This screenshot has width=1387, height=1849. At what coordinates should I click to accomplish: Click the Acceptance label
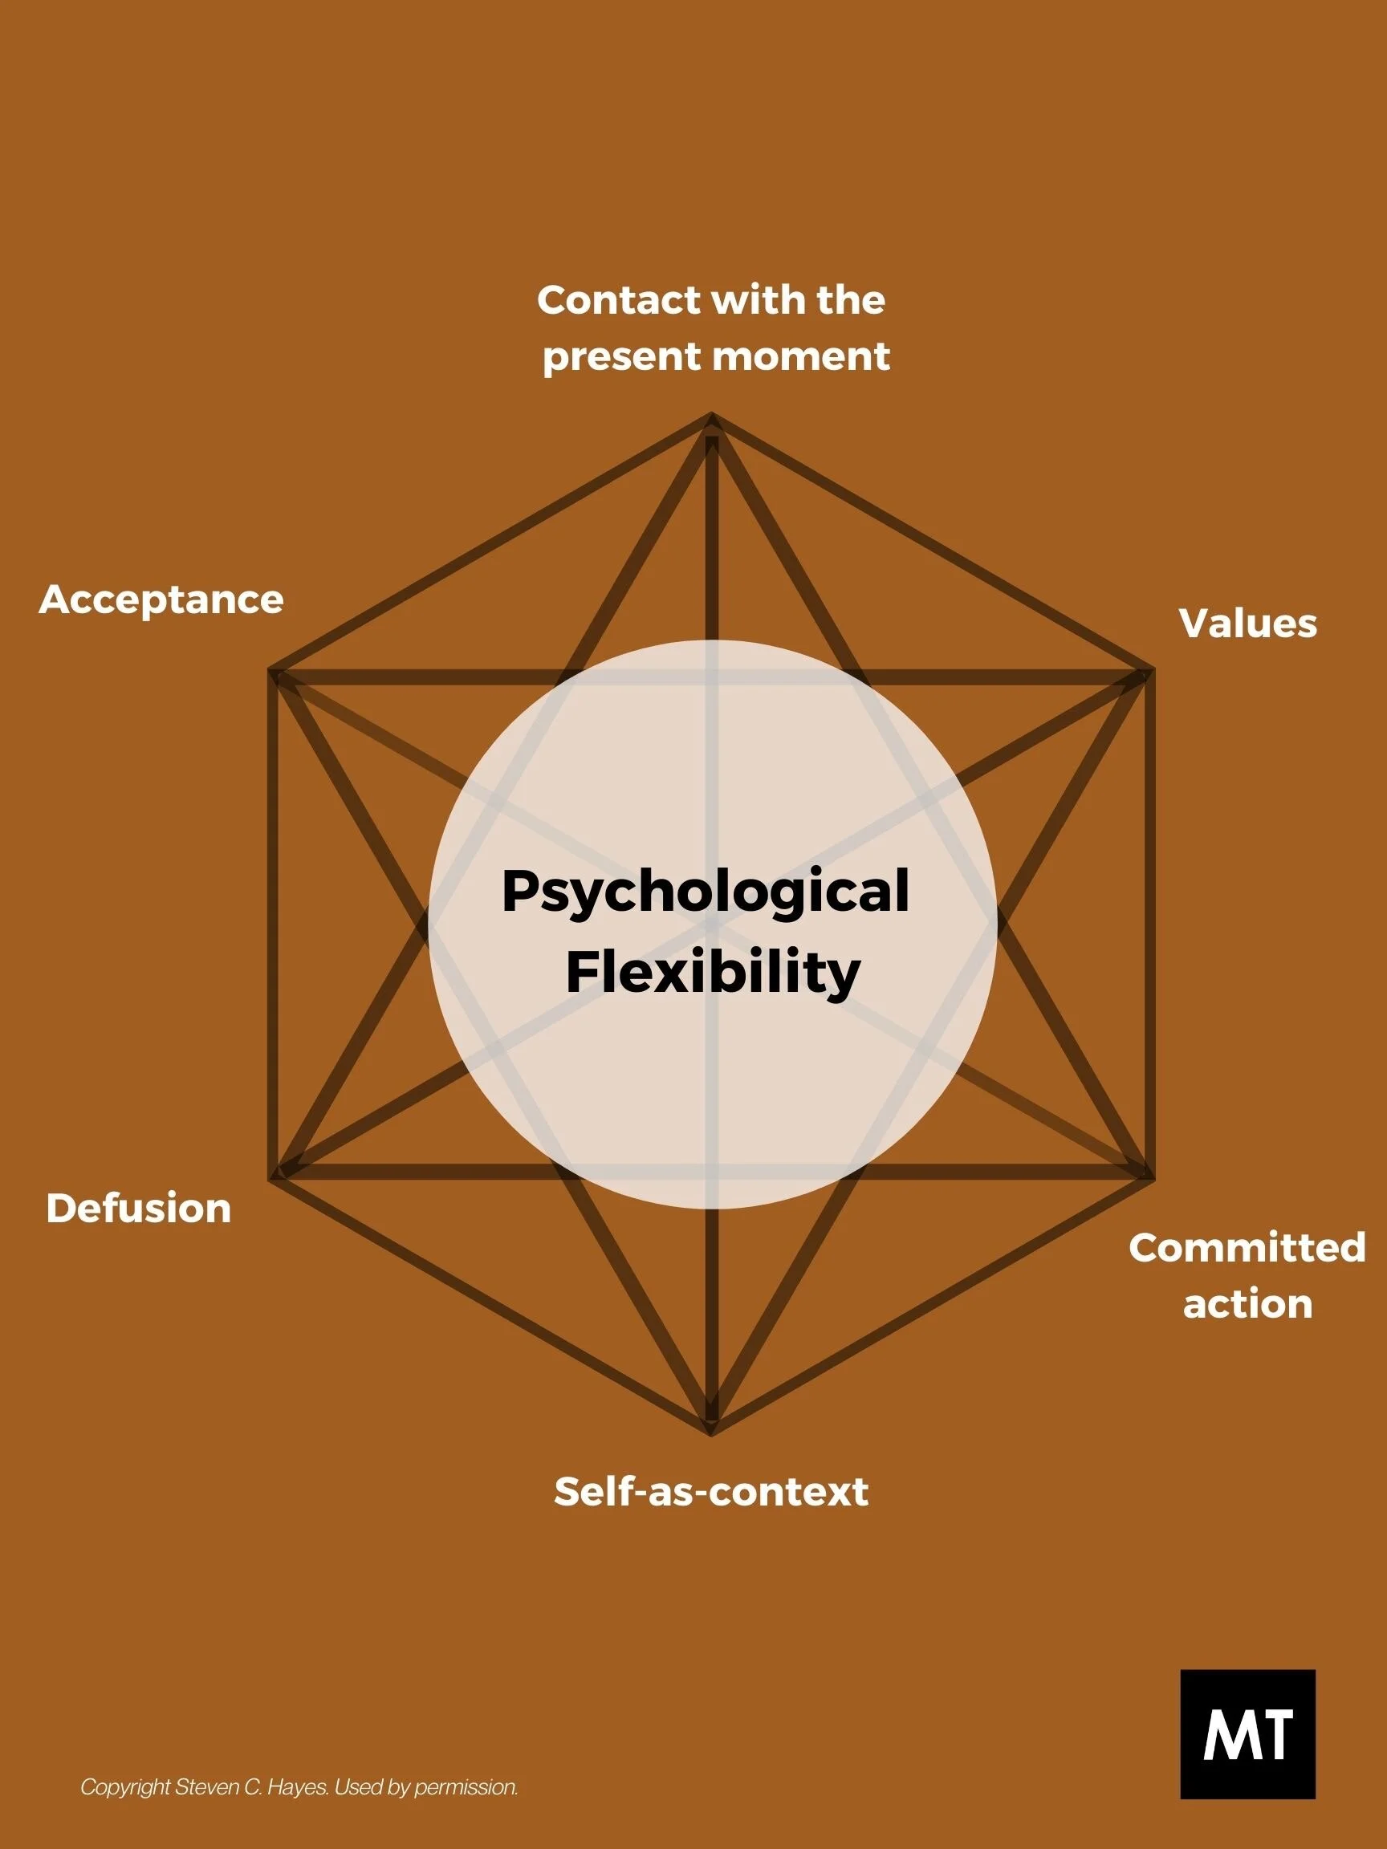(x=161, y=600)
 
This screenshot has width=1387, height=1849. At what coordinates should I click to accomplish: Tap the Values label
(x=1247, y=624)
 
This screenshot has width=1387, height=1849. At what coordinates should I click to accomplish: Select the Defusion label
(x=139, y=1209)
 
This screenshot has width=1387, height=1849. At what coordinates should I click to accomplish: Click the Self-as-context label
(x=710, y=1492)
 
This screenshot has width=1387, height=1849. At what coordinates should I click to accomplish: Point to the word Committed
(x=1247, y=1248)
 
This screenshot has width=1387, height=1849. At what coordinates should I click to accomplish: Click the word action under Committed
(x=1247, y=1305)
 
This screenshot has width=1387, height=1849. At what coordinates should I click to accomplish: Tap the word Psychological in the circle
(x=705, y=891)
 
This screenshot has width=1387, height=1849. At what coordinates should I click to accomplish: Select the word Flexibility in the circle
(x=712, y=973)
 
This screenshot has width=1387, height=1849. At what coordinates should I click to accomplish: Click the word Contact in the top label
(x=606, y=300)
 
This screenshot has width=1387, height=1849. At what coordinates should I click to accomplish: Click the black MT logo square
(x=1247, y=1733)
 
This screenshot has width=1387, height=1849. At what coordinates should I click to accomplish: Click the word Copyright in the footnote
(x=125, y=1788)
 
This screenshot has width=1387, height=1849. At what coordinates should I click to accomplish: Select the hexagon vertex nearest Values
(x=1152, y=670)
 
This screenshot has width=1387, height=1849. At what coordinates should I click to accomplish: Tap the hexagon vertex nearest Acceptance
(x=270, y=670)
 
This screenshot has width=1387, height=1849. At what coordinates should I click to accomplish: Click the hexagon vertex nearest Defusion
(x=270, y=1179)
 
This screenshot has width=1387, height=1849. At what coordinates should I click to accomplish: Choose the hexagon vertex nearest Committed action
(x=1152, y=1179)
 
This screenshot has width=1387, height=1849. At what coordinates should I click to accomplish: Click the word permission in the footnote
(x=466, y=1788)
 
